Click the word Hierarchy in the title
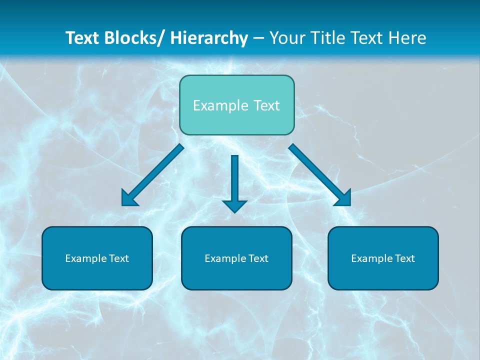209,38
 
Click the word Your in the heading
286,38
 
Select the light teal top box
236,105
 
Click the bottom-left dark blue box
97,258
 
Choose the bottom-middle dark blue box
236,258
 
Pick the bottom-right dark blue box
383,258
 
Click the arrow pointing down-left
152,175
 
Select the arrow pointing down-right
320,175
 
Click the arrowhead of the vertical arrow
234,206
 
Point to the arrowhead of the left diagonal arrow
128,198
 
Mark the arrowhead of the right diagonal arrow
344,198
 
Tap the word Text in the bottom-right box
405,258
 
